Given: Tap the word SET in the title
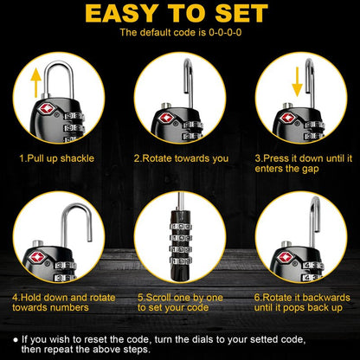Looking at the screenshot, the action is [x=241, y=14].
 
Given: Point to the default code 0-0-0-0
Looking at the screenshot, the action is [x=225, y=32].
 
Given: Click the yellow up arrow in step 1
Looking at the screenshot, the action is [x=36, y=82].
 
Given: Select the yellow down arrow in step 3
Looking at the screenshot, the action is [x=297, y=81].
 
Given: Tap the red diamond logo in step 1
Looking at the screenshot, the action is [x=46, y=109].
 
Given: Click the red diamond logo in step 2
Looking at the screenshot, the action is [x=166, y=118].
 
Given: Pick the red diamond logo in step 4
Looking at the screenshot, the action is [x=37, y=256].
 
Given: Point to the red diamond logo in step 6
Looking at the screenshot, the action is [x=286, y=256].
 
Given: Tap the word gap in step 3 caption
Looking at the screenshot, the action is [x=311, y=169].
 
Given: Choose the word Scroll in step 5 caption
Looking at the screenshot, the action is [x=159, y=298].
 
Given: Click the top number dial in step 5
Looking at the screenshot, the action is [x=181, y=226].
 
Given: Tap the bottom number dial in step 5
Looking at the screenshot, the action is [x=181, y=261].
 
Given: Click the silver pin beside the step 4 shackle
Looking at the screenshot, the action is [x=38, y=243].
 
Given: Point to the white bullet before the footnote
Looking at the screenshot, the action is [x=16, y=340].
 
